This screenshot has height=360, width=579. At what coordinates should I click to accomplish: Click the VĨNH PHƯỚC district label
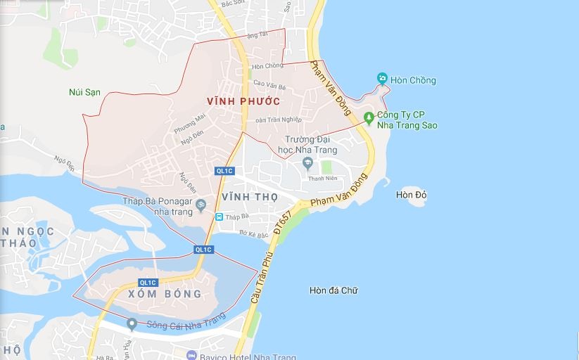tap(243, 101)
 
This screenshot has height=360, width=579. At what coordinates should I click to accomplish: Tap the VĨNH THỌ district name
tap(249, 196)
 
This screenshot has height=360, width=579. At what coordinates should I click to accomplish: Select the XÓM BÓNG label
tap(166, 294)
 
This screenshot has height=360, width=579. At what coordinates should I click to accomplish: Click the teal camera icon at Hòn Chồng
tap(382, 78)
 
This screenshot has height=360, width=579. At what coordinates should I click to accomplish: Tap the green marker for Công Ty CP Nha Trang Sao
tap(369, 117)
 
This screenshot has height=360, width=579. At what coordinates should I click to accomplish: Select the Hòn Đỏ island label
tap(412, 195)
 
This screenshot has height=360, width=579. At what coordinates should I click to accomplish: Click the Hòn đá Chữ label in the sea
tap(333, 290)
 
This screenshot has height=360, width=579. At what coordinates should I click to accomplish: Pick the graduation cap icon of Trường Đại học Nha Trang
tap(307, 163)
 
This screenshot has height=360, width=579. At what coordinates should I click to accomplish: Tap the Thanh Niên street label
tap(324, 178)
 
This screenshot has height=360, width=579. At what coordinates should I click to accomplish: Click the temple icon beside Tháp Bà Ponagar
tap(201, 205)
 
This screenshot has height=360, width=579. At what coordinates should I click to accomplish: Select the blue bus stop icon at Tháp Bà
tap(219, 217)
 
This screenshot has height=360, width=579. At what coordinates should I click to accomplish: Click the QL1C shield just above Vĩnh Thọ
tap(224, 171)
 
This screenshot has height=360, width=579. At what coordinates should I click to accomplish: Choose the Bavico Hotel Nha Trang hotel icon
tap(191, 355)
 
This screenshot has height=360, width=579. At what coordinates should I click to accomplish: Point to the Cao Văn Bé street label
tap(269, 86)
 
